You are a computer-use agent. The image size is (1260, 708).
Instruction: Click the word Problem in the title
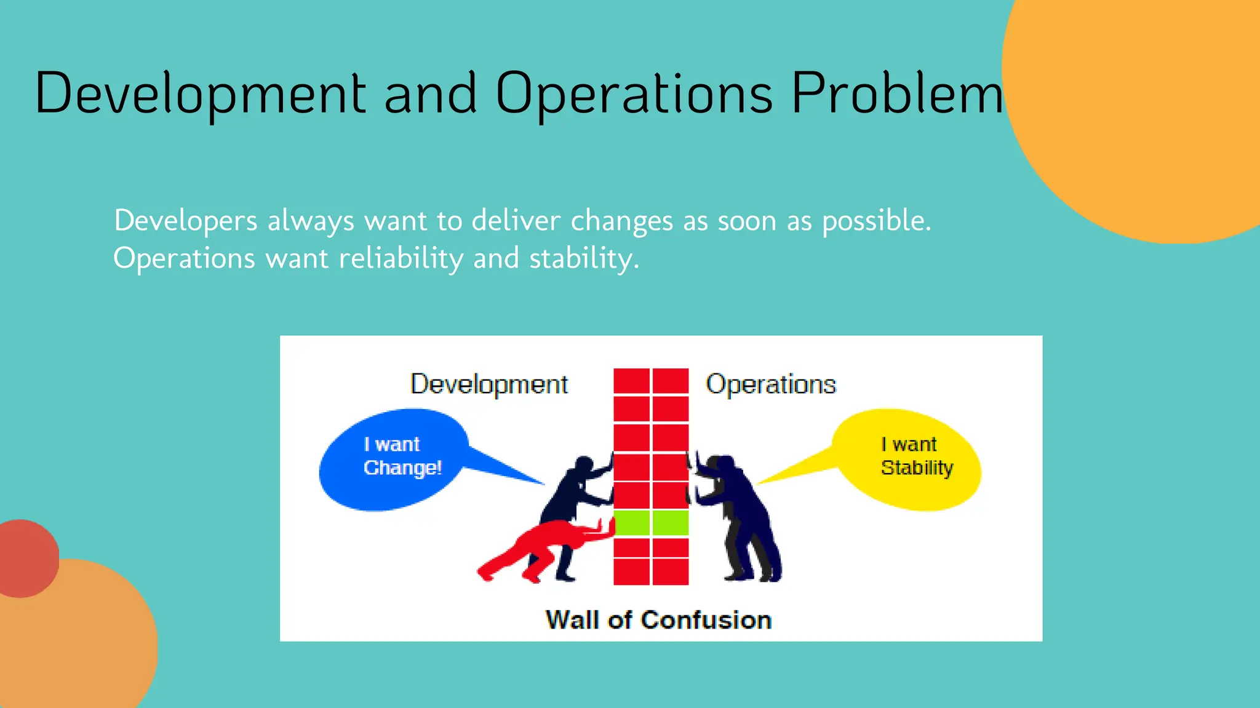[896, 93]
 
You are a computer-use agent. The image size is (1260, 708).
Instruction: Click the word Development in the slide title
[201, 93]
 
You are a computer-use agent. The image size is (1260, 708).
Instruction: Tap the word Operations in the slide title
[634, 93]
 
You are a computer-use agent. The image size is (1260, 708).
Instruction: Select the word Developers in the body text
[185, 221]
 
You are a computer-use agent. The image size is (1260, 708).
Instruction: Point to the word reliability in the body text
[401, 258]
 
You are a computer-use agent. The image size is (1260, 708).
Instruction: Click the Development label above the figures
[488, 384]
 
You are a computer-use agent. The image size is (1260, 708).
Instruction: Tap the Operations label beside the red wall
[770, 384]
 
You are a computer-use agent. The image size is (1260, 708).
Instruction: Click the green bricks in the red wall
[651, 523]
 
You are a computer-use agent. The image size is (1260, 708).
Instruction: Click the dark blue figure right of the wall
[738, 517]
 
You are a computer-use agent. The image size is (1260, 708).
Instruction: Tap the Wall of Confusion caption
[658, 620]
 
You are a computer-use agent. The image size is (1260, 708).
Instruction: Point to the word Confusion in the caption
[706, 620]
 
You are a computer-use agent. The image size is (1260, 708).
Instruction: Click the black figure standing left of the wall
[575, 492]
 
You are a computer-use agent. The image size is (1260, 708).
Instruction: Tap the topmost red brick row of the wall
[651, 381]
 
